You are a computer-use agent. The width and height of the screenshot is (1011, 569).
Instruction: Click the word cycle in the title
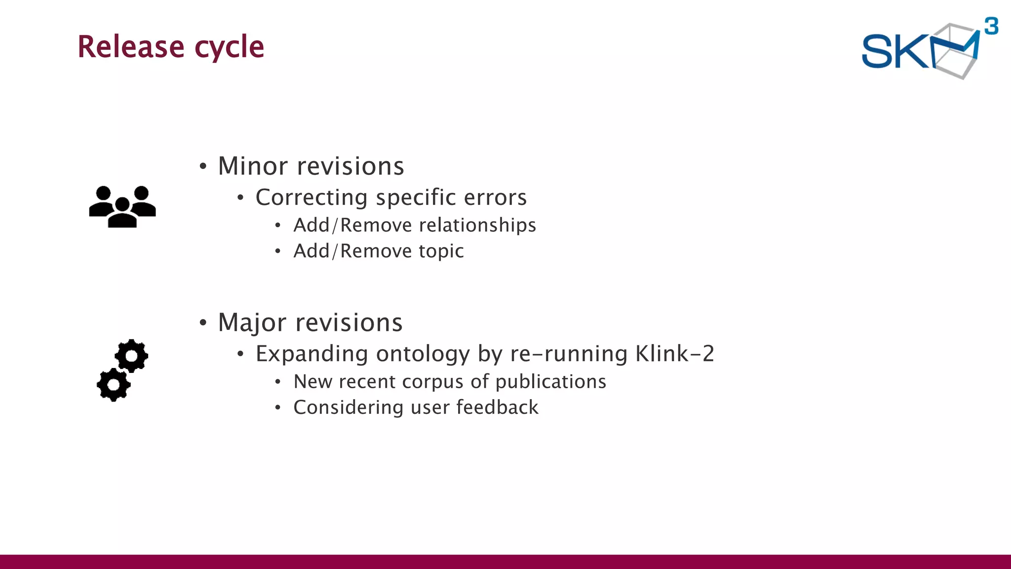[x=230, y=48]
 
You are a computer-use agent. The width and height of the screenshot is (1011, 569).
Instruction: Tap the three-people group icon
[x=122, y=206]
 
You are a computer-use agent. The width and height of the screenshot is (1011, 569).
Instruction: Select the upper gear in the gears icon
[x=131, y=356]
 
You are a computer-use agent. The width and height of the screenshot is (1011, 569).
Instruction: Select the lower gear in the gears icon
[x=114, y=384]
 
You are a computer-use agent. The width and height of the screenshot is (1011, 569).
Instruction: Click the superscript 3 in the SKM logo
[x=991, y=26]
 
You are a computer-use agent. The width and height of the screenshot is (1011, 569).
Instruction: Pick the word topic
[x=441, y=251]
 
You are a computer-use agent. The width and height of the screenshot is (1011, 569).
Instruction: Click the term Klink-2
[x=674, y=354]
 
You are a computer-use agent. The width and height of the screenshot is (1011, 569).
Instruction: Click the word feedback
[x=497, y=407]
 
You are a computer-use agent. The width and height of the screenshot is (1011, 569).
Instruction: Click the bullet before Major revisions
[x=203, y=324]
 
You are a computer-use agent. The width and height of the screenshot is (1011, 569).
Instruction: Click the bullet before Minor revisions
[x=203, y=167]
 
